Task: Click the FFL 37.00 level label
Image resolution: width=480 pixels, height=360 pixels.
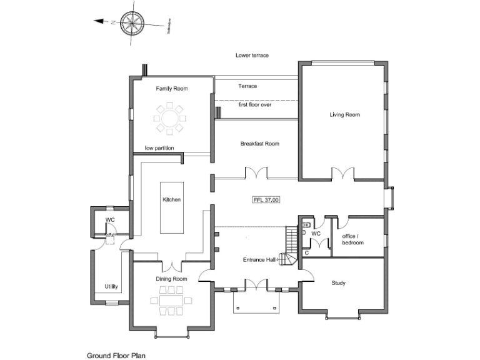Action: tap(266, 200)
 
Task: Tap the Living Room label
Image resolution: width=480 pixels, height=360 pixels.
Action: tap(345, 114)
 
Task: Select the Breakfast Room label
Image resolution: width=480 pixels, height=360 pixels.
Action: tap(259, 144)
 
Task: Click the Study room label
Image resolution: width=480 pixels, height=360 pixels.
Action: tap(337, 283)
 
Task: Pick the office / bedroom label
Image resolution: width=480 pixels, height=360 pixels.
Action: tap(353, 239)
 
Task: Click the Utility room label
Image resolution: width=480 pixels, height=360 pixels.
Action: tap(112, 287)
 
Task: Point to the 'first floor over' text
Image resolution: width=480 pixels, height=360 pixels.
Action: tap(254, 105)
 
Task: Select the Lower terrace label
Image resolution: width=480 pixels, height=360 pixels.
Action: tap(252, 56)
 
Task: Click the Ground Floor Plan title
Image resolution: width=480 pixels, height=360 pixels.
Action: tap(116, 354)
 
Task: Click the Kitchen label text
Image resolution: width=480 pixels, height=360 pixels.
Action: tap(171, 199)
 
